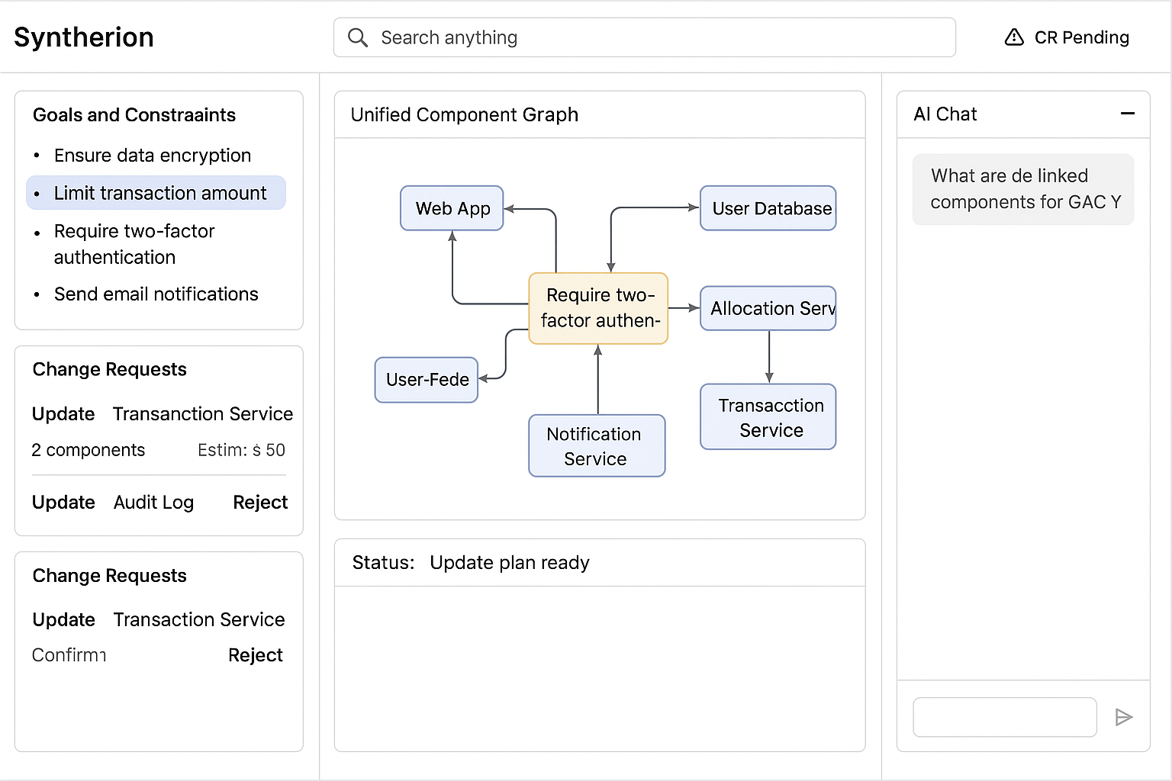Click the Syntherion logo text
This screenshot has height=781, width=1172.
click(84, 37)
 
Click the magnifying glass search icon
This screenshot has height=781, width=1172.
click(358, 37)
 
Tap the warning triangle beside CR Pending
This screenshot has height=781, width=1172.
click(1014, 37)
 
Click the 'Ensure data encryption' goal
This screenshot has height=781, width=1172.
click(153, 156)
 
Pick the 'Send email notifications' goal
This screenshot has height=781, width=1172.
click(156, 294)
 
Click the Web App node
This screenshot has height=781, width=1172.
click(452, 208)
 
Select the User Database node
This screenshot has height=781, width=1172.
click(768, 208)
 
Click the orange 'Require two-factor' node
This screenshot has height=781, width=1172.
click(598, 308)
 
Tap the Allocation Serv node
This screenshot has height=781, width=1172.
click(768, 308)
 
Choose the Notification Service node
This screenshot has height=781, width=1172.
click(597, 445)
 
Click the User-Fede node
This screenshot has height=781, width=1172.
click(427, 380)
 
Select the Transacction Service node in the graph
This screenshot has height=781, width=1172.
click(768, 417)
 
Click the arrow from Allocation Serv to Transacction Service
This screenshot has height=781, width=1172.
click(769, 357)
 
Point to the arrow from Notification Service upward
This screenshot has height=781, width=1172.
click(598, 379)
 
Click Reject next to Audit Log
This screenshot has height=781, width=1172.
click(260, 502)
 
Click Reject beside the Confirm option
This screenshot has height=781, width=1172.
click(256, 655)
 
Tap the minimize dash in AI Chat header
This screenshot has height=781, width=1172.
click(1128, 114)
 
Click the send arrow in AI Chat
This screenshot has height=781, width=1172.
click(1123, 717)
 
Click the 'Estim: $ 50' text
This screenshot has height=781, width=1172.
click(241, 450)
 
